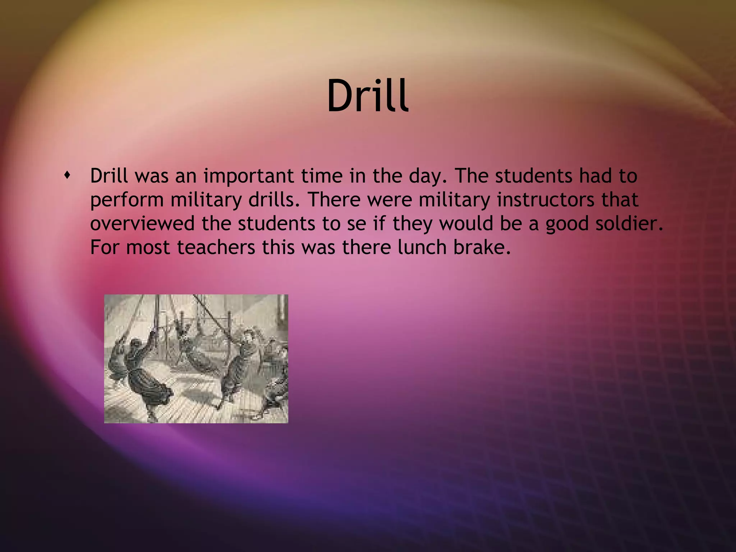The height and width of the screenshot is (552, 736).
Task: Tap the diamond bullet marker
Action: coord(67,176)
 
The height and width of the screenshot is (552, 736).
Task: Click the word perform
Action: coord(127,200)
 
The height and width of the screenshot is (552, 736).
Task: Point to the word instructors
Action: coord(546,200)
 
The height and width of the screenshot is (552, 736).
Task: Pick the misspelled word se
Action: coord(356,224)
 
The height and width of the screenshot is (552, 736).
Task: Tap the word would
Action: coord(466,224)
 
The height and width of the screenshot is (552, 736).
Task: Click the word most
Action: coord(148,247)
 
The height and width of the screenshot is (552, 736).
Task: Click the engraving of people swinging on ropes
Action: coord(196,359)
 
